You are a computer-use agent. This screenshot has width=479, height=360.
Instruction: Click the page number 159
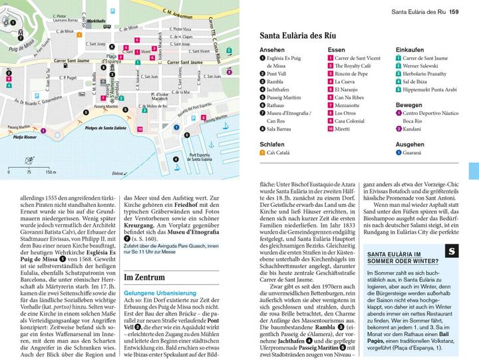[454, 11]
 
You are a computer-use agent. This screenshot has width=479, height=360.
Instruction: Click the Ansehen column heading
[271, 49]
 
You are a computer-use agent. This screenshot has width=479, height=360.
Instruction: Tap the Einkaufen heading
[411, 49]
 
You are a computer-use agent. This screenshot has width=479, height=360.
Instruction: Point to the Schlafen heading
[272, 144]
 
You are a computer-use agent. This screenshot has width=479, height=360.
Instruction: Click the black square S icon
[450, 252]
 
